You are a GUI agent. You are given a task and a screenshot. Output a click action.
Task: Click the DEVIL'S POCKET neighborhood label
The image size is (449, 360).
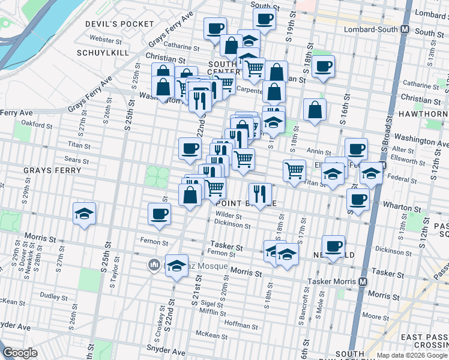121,24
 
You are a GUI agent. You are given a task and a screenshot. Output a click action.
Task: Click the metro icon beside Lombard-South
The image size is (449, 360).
405,29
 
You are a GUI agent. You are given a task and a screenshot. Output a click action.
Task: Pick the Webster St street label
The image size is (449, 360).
106,39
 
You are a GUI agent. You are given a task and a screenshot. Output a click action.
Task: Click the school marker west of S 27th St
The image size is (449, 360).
85,214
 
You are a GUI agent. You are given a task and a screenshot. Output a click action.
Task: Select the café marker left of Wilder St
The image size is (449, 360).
159,214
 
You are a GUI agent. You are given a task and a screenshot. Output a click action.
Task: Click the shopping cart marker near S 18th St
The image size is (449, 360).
294,171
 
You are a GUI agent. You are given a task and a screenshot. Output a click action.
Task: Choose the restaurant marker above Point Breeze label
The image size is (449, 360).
260,194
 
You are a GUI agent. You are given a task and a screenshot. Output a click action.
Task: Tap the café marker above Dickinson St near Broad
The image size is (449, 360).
333,246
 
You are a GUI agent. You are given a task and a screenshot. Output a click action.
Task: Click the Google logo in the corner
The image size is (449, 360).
20,353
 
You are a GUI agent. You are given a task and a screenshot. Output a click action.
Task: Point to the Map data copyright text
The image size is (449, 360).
411,355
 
